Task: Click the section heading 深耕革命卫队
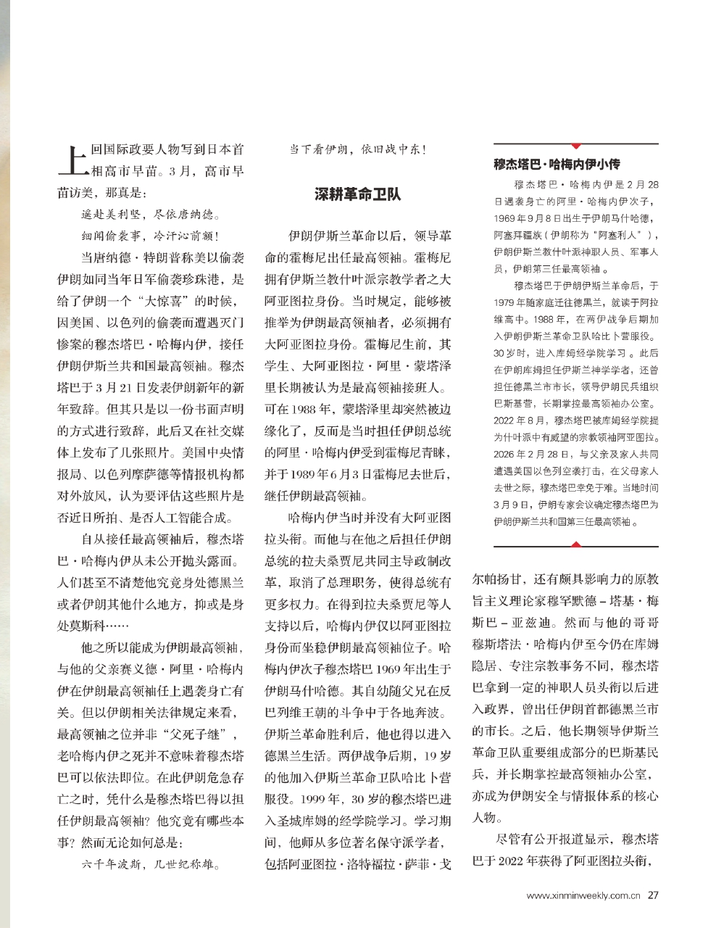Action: (x=357, y=194)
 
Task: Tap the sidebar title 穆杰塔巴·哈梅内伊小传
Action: (x=557, y=164)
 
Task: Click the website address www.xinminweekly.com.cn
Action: (x=583, y=895)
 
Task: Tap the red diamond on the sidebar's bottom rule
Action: (x=576, y=544)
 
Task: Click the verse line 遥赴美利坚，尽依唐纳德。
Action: (x=150, y=215)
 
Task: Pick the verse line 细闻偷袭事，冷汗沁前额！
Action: (x=150, y=236)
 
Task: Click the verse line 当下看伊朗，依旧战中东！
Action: (x=358, y=150)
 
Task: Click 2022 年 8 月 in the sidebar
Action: (x=522, y=420)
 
